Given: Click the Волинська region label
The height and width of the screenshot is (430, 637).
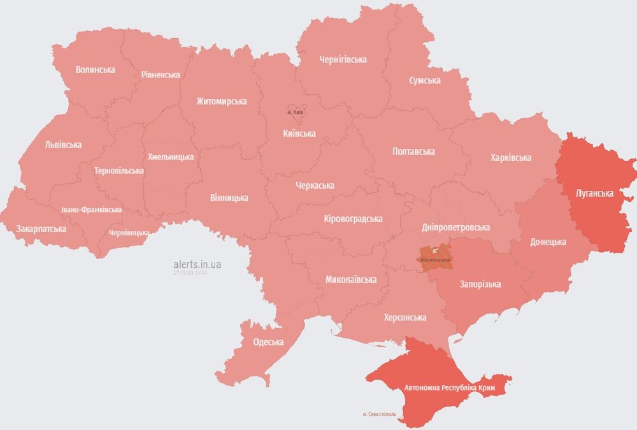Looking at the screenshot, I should click(x=96, y=70).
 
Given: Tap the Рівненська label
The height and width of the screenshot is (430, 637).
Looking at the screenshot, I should click(x=161, y=75).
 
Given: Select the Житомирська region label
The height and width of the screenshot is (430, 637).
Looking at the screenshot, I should click(x=222, y=102).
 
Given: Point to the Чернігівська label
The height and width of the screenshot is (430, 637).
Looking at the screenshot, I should click(x=343, y=60).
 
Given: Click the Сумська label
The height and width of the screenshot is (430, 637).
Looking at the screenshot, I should click(x=425, y=81).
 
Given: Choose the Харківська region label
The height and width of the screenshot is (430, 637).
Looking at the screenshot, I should click(x=511, y=158).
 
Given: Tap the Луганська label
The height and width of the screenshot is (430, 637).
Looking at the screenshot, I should click(x=594, y=193).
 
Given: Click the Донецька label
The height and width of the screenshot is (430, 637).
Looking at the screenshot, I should click(x=548, y=242).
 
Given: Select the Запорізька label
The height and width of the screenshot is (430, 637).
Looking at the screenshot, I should click(x=480, y=284).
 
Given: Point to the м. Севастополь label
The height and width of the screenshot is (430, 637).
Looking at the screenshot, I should click(x=379, y=414).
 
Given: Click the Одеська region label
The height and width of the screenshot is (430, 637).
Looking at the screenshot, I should click(x=268, y=342).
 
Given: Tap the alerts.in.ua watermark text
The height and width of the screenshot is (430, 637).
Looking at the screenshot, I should click(x=197, y=264).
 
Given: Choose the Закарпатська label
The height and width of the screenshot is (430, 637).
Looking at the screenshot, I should click(x=41, y=229).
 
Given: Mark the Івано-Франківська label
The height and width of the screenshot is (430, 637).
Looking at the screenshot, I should click(x=92, y=210).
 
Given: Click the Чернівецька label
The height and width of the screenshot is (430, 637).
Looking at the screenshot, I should click(x=129, y=233).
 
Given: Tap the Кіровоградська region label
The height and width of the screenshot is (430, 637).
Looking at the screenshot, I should click(x=353, y=219).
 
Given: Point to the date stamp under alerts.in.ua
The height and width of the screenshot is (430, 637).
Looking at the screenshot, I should click(x=190, y=273).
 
